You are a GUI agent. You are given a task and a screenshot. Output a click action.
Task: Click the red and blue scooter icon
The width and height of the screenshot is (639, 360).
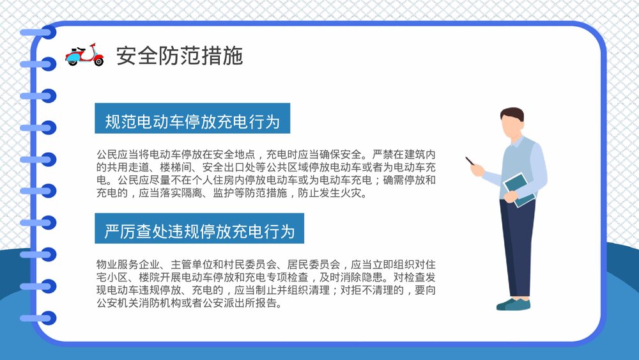(84, 56)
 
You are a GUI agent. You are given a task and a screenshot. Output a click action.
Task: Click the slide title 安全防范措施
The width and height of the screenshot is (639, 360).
(180, 56)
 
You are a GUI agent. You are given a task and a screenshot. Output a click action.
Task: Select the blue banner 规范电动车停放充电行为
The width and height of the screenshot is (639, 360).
(192, 119)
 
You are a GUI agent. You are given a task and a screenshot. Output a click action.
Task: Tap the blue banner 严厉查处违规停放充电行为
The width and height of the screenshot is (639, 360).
(199, 229)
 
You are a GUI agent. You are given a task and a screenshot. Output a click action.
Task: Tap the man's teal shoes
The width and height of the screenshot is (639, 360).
(514, 304)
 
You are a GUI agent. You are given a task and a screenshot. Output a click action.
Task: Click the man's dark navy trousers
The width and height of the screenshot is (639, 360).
(517, 249)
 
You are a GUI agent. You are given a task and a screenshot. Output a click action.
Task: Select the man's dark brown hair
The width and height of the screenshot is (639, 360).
(512, 115)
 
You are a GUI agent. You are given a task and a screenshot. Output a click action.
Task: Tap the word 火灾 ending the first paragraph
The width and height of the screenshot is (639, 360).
(358, 192)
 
